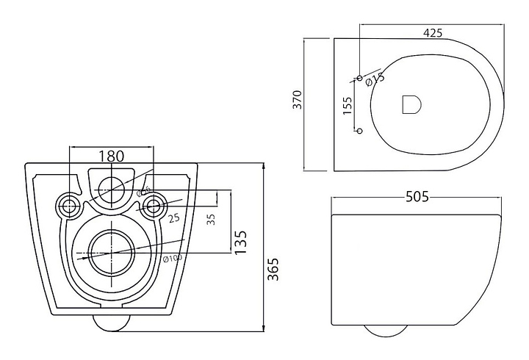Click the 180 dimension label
(x=111, y=156)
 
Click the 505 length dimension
(x=416, y=197)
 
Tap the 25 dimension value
(x=174, y=217)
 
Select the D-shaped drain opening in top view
(x=411, y=105)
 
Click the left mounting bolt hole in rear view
(x=71, y=206)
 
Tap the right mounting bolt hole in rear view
(x=154, y=206)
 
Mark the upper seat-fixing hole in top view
(x=359, y=77)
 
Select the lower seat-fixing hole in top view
(x=359, y=131)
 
